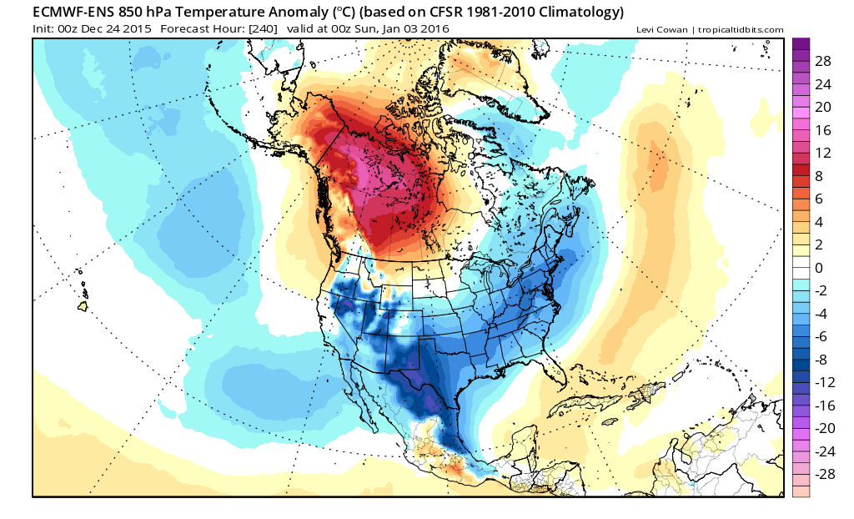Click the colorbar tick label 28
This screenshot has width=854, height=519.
coord(822,61)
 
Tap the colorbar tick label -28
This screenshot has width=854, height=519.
coord(825,474)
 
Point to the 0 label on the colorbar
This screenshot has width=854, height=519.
coord(819,268)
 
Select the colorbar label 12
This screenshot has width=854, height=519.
coord(822,153)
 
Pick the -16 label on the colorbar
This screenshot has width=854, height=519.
coord(825,405)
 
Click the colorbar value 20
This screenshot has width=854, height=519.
coord(822,107)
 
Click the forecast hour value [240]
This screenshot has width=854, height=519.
coord(263,29)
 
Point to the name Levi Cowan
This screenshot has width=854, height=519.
coord(661,30)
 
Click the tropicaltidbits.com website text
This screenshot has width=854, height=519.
coord(741,30)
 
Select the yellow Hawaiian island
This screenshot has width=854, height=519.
coord(83,306)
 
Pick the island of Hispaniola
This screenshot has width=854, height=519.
coord(648,392)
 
